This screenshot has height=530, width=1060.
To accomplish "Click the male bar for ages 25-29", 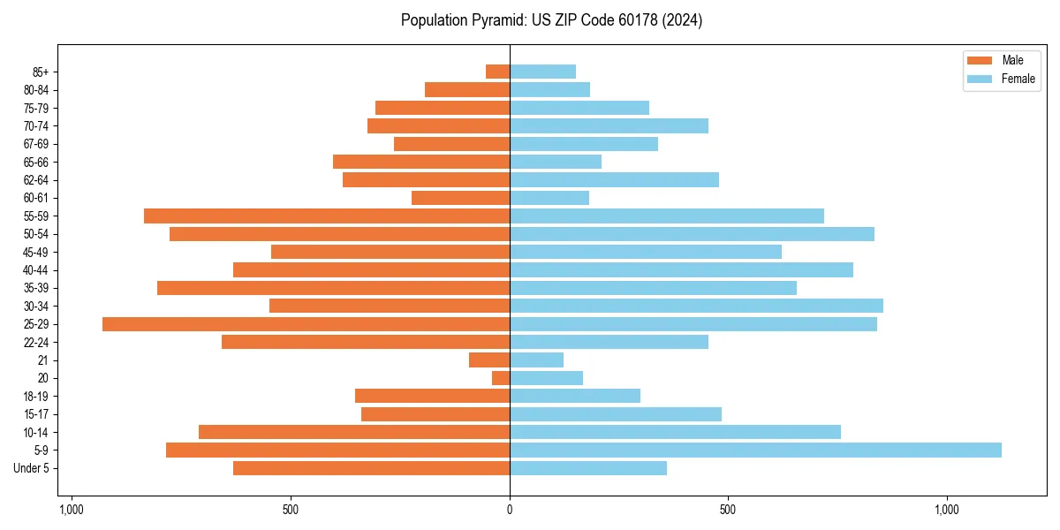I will [306, 324].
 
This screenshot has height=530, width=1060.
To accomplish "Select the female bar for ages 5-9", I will [755, 450].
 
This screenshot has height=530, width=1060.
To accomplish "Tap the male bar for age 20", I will [501, 378].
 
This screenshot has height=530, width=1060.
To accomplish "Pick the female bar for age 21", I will [536, 360].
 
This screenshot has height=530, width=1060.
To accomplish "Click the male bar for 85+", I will [497, 72].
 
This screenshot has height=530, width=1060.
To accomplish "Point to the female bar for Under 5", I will [588, 468].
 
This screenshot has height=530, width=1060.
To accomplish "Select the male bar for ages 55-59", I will [327, 216].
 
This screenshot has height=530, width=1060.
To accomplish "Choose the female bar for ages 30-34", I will [696, 306].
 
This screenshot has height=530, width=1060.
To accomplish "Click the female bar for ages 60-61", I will [549, 198].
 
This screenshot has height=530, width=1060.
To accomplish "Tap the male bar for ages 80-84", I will [467, 89].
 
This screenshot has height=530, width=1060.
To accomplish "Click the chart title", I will [551, 20].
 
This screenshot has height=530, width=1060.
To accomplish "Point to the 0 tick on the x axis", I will [510, 510].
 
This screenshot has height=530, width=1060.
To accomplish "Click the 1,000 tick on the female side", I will [946, 510].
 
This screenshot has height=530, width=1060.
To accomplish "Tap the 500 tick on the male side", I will [291, 510].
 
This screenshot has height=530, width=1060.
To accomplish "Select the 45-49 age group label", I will [36, 252].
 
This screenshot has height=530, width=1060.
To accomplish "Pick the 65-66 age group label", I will [36, 162].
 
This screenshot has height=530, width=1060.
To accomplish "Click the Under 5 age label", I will [32, 468].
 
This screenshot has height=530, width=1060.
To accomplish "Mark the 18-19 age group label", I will [36, 396].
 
